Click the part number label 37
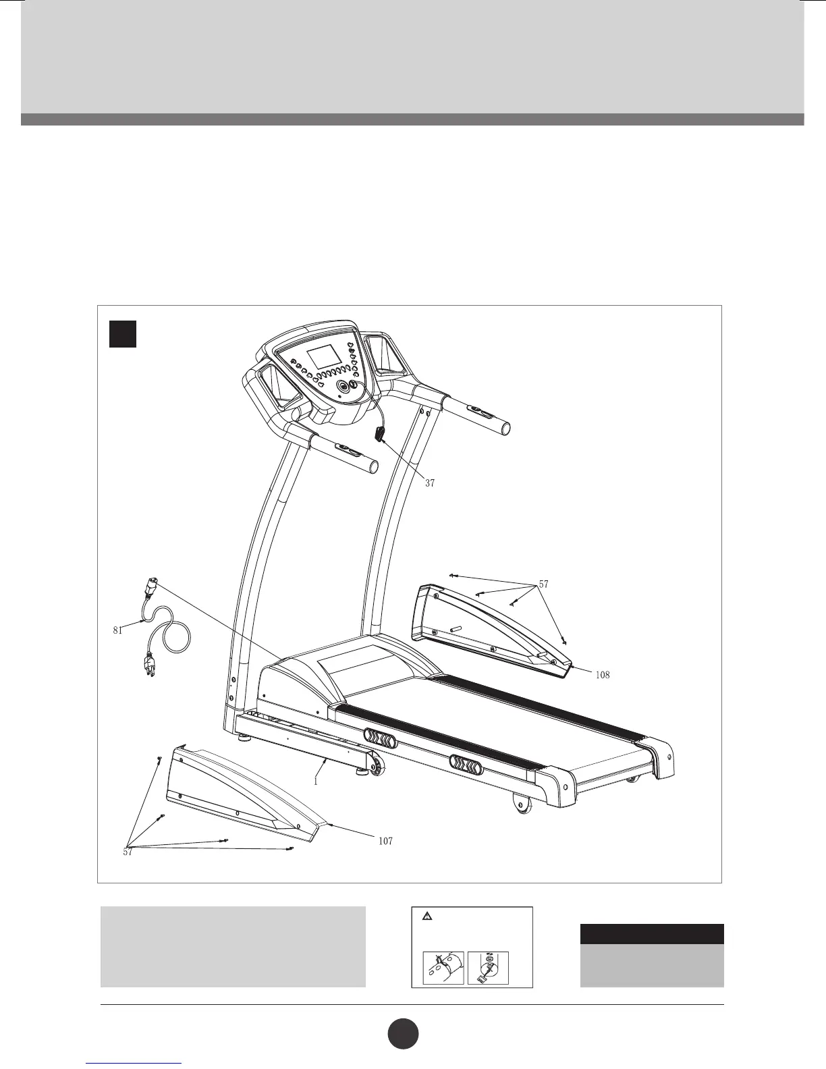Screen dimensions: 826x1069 pos(430,483)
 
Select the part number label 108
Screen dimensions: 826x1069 pos(603,674)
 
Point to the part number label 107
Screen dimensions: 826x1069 pos(385,841)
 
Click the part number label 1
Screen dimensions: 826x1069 pos(315,781)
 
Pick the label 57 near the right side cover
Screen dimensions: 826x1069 pos(545,584)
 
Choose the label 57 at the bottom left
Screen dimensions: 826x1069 pos(128,852)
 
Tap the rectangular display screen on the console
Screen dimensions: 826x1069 pos(322,356)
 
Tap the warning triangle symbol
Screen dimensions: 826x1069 pos(426,916)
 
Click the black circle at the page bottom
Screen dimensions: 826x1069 pos(403,1034)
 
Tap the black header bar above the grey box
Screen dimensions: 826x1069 pos(652,933)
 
